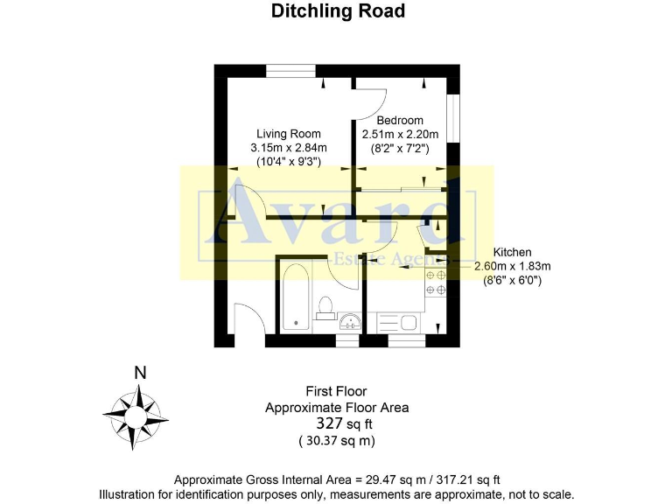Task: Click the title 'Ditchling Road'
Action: tap(338, 11)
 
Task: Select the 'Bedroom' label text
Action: tap(400, 121)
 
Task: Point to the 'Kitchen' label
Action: tap(513, 252)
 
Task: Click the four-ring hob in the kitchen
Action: tap(436, 283)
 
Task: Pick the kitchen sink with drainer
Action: tap(398, 322)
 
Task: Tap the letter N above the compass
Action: tap(139, 373)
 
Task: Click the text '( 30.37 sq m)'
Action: tap(337, 440)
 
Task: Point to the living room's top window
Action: tap(291, 72)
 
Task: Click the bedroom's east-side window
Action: tap(454, 114)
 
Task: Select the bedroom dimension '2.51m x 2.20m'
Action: tap(400, 135)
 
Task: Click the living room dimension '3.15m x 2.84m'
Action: tap(289, 148)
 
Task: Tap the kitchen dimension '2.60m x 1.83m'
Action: tap(512, 266)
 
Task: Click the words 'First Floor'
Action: tap(336, 391)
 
